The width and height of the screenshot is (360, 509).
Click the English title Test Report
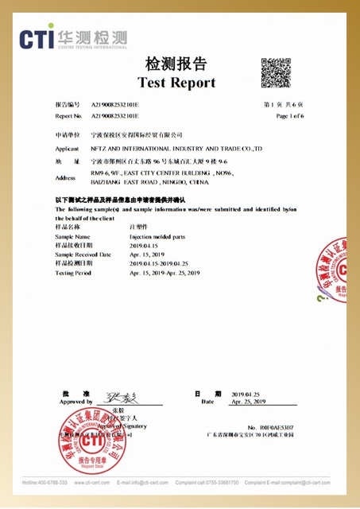point(176,83)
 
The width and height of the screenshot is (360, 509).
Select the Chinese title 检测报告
point(176,64)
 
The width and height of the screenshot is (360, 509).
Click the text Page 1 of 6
point(290,116)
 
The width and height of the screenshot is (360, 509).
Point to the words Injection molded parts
point(157,237)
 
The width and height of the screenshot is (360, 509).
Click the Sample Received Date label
point(83,254)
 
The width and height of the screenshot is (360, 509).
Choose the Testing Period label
point(75,273)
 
